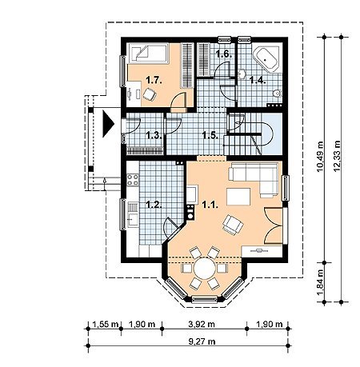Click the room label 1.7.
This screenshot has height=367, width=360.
tap(154, 80)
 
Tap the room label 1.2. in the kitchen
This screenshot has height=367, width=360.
tap(154, 205)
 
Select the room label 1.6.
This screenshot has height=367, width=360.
tap(224, 54)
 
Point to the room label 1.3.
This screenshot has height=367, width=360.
tap(154, 135)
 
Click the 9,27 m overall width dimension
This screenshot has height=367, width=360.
tap(202, 341)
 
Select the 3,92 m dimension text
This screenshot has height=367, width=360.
tap(202, 324)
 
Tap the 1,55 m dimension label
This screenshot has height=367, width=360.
tap(106, 324)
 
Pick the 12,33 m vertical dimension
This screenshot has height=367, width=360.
tap(337, 156)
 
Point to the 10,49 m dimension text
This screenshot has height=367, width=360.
tap(320, 157)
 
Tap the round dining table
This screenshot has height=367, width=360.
tap(205, 268)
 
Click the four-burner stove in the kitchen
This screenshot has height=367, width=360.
tap(133, 180)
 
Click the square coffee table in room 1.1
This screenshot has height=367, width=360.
tap(238, 197)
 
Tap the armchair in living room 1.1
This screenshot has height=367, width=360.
tap(233, 225)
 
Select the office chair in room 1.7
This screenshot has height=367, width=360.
tap(149, 94)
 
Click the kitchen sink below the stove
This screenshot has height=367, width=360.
tap(133, 215)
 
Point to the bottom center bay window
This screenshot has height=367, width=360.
tap(205, 299)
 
